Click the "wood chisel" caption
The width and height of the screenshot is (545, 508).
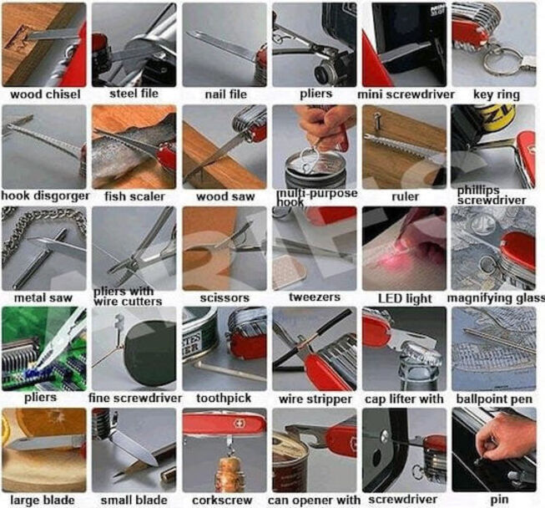[x=45, y=94]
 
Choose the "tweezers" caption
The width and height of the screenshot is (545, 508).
[x=315, y=297]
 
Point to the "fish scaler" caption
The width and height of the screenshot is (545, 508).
[x=134, y=196]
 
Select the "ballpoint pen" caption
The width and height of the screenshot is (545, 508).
[x=494, y=399]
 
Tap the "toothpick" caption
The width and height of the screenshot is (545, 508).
[x=224, y=399]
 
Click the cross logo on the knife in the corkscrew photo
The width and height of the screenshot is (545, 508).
[x=240, y=424]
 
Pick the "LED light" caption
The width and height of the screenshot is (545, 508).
[x=405, y=298]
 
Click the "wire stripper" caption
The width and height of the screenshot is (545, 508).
[x=315, y=399]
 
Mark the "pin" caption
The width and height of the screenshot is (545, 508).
[x=499, y=500]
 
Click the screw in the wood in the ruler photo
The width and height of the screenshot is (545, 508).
[x=376, y=120]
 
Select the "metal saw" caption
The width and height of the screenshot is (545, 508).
[x=43, y=297]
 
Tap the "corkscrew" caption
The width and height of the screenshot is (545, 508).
[x=222, y=500]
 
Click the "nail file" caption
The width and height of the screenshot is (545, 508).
[x=225, y=94]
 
